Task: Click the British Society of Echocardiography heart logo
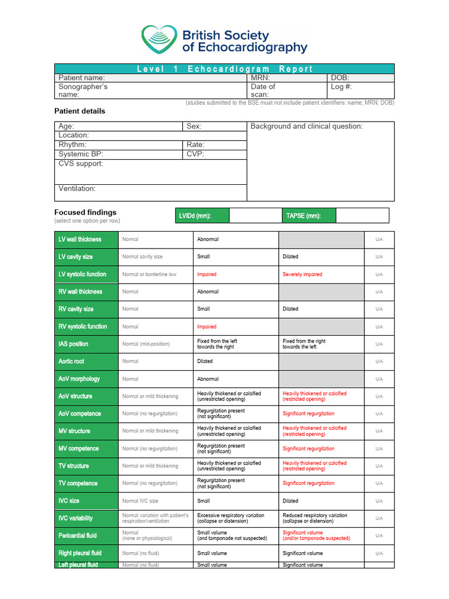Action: tap(159, 40)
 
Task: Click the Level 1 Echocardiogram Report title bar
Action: tap(224, 68)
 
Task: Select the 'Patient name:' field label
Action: tap(81, 78)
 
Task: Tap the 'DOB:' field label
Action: tap(340, 78)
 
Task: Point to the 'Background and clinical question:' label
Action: tap(306, 126)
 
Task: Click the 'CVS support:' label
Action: tap(81, 164)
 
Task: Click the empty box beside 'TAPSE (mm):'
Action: tap(362, 216)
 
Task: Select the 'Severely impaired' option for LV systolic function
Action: tap(302, 274)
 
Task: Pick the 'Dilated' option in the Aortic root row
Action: tap(205, 362)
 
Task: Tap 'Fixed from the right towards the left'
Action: tap(304, 344)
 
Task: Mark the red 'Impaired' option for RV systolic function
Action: tap(206, 327)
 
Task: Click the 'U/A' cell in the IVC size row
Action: tap(379, 501)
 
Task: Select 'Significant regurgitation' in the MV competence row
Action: tap(308, 449)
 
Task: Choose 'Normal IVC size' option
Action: tap(140, 501)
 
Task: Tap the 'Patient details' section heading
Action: tap(80, 111)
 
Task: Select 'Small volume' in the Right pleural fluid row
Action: tap(212, 553)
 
